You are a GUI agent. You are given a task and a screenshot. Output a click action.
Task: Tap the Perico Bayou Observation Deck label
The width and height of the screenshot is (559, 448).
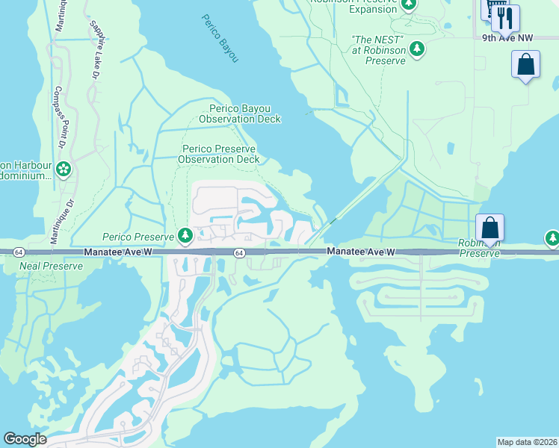coord(239,113)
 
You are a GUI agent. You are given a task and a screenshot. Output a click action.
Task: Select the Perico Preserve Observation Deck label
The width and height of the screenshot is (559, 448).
coord(221,154)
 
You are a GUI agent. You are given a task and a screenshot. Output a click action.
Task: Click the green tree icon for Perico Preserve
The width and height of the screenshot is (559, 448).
coord(185,236)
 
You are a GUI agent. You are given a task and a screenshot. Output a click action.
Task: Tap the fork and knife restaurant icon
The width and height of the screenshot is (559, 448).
coord(505,17)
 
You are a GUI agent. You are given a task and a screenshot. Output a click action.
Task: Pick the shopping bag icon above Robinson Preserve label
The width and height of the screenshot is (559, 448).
coord(490,227)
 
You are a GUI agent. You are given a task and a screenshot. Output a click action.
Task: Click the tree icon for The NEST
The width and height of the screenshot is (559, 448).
coord(417,49)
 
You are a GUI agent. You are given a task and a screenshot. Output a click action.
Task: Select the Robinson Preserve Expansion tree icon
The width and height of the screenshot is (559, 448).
coord(408,4)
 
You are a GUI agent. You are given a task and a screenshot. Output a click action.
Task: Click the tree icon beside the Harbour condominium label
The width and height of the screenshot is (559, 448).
coord(64,170)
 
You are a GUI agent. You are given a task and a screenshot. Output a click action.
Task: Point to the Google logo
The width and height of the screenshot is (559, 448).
coord(25,439)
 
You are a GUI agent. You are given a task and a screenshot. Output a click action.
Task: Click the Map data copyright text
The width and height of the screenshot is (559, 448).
coord(526,442)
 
